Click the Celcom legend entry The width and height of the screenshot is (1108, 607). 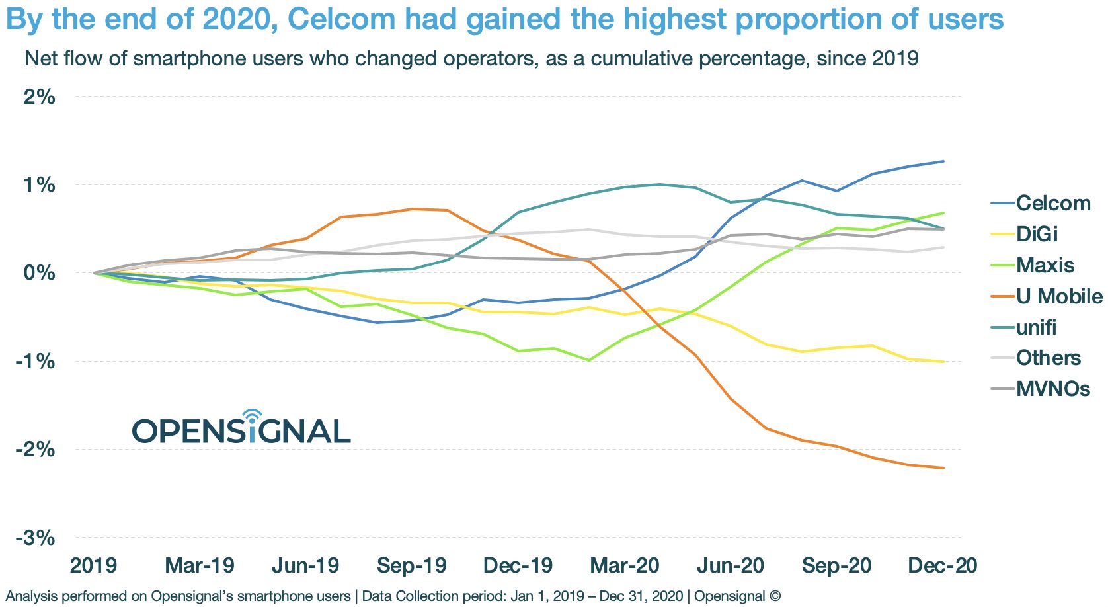pos(1052,203)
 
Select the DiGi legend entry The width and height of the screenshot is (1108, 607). pos(1037,234)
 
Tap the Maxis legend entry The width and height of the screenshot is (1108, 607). pos(1045,265)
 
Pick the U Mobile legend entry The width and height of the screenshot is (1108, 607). pos(1058,296)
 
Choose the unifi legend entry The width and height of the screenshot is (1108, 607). pos(1036,327)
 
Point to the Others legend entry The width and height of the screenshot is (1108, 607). pos(1048,358)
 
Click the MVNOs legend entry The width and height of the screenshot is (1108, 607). pos(1052,389)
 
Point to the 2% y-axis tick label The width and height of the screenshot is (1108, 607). pos(39,97)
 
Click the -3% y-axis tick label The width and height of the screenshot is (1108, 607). pos(36,538)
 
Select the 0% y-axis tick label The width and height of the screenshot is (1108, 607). pos(39,272)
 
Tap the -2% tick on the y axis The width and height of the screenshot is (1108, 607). pos(36,450)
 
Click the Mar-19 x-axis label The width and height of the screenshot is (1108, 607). pos(200,566)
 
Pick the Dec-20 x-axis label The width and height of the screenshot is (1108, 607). pos(943,566)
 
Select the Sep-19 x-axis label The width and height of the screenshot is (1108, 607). pos(412,566)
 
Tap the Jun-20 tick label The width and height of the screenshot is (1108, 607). pos(731,566)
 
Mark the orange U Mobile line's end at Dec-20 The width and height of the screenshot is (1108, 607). pos(943,468)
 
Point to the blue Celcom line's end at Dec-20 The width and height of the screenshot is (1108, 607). pos(943,161)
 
